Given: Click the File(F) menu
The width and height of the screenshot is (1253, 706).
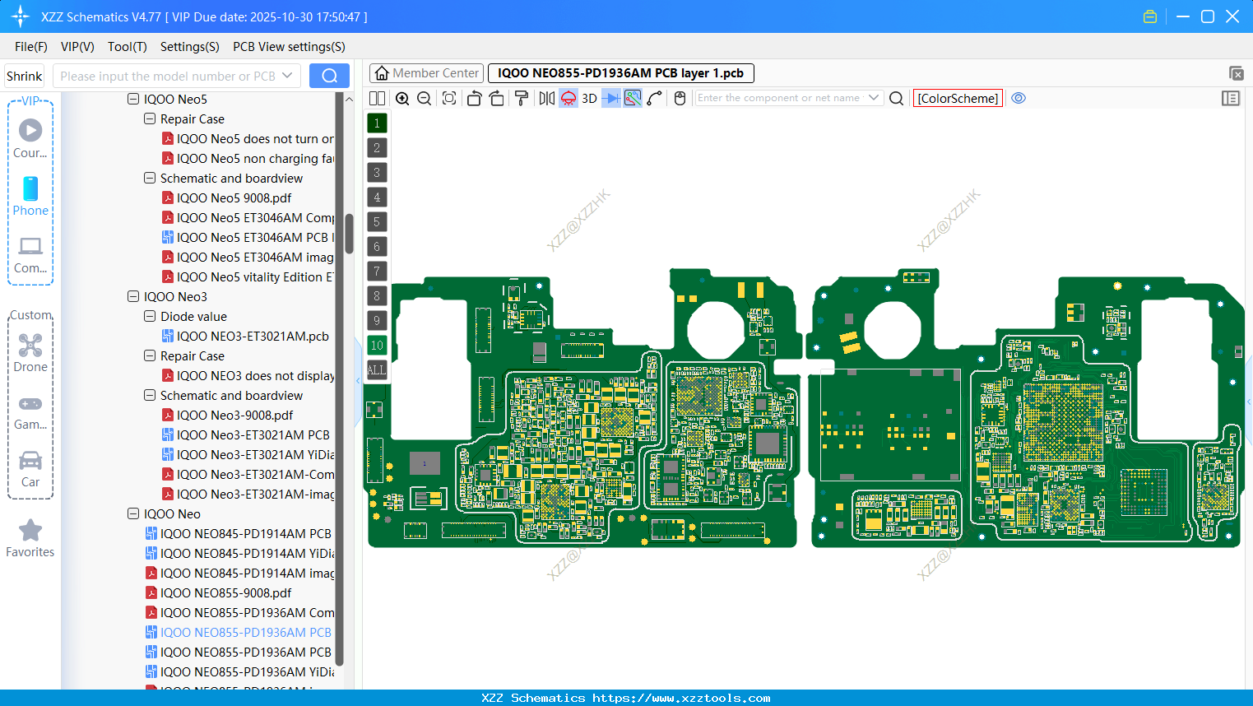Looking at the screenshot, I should tap(30, 47).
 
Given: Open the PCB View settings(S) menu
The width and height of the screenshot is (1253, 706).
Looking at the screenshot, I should tap(289, 47).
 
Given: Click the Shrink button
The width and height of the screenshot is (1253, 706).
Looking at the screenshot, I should tap(24, 77).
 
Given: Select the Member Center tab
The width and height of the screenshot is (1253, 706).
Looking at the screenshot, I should tap(426, 73).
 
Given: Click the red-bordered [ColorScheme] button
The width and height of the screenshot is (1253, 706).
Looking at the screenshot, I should tap(958, 99).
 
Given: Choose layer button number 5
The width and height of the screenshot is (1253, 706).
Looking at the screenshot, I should tap(377, 222).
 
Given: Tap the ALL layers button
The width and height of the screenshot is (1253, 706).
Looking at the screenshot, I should tap(377, 370).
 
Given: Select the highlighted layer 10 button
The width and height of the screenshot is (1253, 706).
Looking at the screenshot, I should tap(377, 346).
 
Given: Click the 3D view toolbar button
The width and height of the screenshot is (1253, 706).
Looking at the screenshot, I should tap(589, 99).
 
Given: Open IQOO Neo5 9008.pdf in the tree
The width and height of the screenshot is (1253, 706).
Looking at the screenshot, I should tap(234, 198).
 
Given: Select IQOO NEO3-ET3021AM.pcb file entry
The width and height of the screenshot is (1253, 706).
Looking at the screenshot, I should tap(253, 337).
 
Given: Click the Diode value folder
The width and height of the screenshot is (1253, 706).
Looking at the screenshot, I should tap(193, 317).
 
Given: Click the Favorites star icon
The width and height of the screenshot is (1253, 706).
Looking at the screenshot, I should tap(30, 531).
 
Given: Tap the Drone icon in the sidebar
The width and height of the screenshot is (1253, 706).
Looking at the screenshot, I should tap(30, 346).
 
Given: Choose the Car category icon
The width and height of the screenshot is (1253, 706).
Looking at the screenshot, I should tap(30, 461).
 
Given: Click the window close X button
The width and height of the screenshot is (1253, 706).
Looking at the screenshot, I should tap(1232, 16).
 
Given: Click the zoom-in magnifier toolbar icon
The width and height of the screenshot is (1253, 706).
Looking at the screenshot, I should tap(402, 99).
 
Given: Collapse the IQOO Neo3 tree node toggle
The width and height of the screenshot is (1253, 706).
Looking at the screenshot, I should tap(133, 297).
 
